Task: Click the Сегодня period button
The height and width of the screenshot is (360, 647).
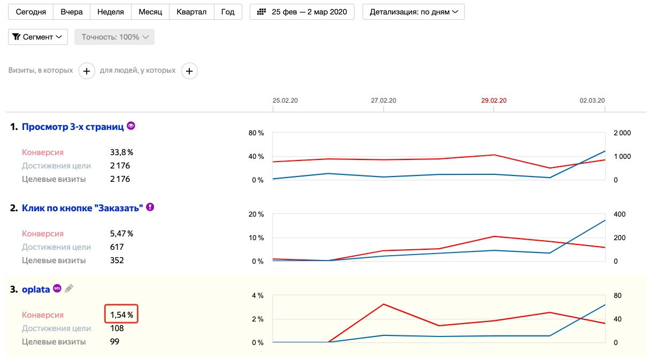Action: [31, 12]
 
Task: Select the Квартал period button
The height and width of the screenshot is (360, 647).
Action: [191, 12]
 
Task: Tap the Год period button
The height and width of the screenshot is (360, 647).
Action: [228, 12]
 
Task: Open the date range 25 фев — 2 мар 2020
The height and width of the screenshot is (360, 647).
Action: [302, 12]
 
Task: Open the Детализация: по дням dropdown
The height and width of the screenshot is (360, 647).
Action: [413, 12]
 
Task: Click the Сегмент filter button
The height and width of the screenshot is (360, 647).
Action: [38, 37]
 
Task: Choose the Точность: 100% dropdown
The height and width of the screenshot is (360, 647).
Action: [114, 37]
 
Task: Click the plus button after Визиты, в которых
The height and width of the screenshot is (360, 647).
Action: [87, 71]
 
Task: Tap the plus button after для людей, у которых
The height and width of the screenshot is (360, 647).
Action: [189, 71]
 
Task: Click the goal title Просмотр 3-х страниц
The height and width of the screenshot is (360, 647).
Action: [73, 127]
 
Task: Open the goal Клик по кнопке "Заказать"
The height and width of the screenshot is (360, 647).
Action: [82, 208]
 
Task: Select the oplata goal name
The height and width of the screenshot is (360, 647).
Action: [36, 289]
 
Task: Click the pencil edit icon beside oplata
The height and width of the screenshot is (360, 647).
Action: [69, 289]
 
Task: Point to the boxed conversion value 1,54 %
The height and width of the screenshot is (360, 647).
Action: [121, 315]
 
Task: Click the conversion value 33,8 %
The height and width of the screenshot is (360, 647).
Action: [121, 152]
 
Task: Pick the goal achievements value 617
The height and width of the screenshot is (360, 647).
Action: [117, 247]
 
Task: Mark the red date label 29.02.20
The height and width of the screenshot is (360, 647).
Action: [494, 101]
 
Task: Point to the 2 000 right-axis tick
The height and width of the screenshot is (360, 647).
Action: [622, 133]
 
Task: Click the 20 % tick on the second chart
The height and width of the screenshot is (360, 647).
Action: [257, 215]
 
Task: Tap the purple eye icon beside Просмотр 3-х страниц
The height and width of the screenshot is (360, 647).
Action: [131, 126]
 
